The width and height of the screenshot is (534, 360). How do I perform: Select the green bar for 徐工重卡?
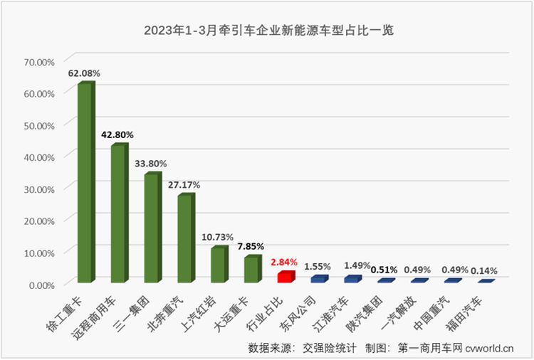(x=84, y=183)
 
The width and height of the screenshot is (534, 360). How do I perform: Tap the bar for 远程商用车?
(x=117, y=213)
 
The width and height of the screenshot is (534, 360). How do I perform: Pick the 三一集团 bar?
(x=150, y=228)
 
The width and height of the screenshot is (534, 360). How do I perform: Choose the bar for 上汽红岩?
(x=217, y=264)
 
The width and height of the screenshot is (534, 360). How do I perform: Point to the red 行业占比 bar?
(x=283, y=277)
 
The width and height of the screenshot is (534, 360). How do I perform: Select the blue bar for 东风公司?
(x=317, y=279)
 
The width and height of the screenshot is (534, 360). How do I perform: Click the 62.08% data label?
(x=84, y=73)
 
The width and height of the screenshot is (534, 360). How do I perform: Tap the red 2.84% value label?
(x=284, y=262)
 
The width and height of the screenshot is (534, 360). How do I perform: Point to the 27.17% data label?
(x=184, y=184)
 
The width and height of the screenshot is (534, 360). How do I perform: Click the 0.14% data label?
(x=483, y=270)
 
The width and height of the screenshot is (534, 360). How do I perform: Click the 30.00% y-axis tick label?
(x=39, y=189)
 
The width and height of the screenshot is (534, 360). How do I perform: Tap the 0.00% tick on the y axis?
(x=41, y=284)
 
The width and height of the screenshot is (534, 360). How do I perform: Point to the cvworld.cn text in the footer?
(x=490, y=348)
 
